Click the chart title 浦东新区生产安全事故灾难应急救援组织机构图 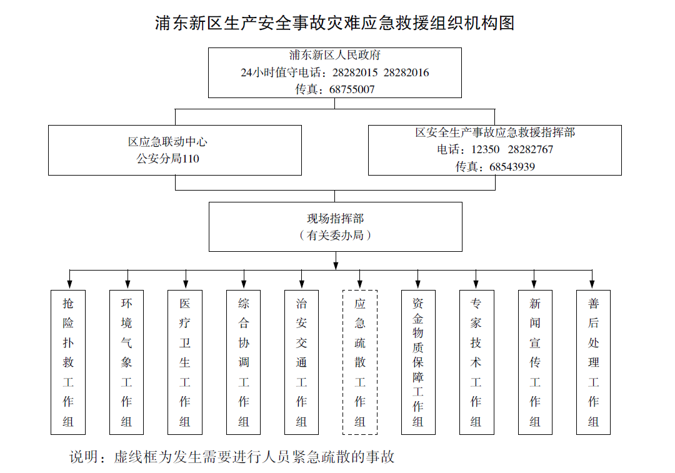click(334, 23)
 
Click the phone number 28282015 click(355, 72)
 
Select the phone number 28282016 click(406, 72)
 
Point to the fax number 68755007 click(352, 89)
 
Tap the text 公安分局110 click(168, 159)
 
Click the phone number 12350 click(485, 149)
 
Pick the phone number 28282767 click(531, 149)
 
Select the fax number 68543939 click(512, 167)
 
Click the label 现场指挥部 click(336, 219)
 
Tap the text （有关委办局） click(336, 236)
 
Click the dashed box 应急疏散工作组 click(360, 290)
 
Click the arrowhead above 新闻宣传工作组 click(534, 284)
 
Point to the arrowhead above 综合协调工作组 click(244, 284)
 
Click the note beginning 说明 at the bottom click(232, 457)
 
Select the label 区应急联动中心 click(168, 142)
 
